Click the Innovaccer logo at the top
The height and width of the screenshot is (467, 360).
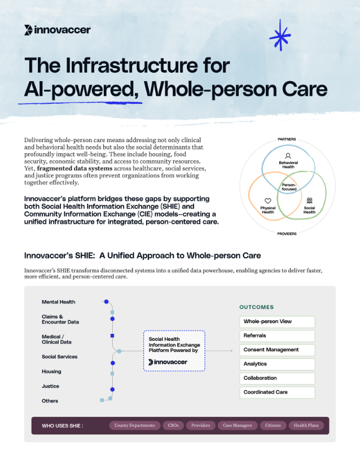click(58, 30)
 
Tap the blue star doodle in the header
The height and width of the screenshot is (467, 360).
click(279, 35)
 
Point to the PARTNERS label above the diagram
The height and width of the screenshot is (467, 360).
click(287, 139)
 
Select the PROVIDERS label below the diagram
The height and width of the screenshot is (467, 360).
click(287, 233)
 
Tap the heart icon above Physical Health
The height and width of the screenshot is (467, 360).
click(267, 201)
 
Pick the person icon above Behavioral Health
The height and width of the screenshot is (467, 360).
click(288, 156)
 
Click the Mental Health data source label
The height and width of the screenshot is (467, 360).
click(58, 302)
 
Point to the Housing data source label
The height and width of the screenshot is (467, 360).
click(51, 372)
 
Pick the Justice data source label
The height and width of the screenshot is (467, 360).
click(50, 386)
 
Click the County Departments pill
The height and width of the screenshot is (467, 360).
click(133, 425)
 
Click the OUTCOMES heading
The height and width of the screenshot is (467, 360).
click(256, 307)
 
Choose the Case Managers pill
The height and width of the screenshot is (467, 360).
click(238, 425)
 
